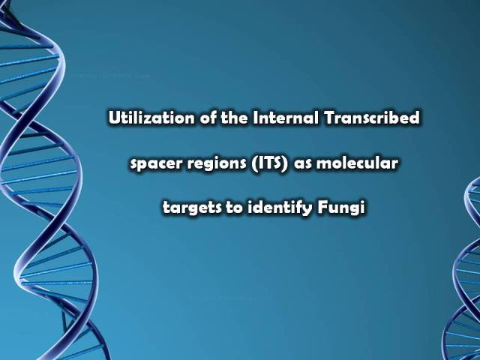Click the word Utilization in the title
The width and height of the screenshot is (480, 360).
click(151, 118)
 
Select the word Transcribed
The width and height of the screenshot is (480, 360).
click(372, 118)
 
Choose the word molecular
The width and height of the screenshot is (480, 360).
click(357, 163)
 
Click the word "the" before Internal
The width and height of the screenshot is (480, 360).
click(234, 118)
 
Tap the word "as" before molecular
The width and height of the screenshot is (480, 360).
click(303, 163)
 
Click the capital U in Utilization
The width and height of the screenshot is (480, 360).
click(114, 118)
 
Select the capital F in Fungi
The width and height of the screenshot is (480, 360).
click(322, 208)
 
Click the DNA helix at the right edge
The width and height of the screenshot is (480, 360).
click(464, 269)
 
